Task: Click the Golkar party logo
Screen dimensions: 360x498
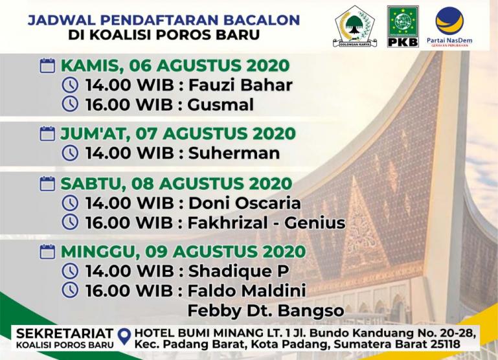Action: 353,27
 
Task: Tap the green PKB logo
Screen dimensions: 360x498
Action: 402,27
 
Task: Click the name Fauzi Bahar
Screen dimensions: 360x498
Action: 240,85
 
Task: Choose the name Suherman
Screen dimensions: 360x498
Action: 234,153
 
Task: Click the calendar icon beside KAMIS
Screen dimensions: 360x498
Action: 47,65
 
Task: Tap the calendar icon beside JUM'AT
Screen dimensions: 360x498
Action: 47,134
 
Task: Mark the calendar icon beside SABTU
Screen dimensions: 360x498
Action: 47,183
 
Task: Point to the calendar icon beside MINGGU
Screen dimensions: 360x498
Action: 47,251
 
